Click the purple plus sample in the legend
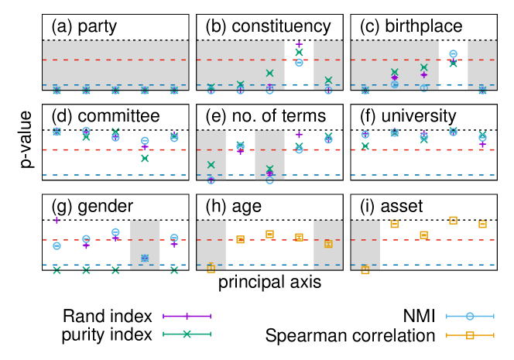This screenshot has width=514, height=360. pyautogui.click(x=187, y=316)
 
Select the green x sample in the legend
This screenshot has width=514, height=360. pyautogui.click(x=187, y=334)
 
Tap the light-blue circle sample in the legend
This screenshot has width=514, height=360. pyautogui.click(x=470, y=316)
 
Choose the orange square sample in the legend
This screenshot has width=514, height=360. pyautogui.click(x=470, y=335)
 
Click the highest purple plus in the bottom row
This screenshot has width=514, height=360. pyautogui.click(x=57, y=221)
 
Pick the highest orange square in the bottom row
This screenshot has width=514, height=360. pyautogui.click(x=453, y=220)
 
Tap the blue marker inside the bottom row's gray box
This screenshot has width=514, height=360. pyautogui.click(x=145, y=258)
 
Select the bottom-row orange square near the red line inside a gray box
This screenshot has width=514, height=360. pyautogui.click(x=328, y=244)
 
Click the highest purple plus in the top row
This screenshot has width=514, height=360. pyautogui.click(x=299, y=45)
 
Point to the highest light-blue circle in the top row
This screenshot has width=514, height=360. pyautogui.click(x=453, y=54)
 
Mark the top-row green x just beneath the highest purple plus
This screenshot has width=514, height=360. pyautogui.click(x=299, y=53)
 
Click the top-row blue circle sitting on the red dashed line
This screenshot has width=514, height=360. pyautogui.click(x=299, y=62)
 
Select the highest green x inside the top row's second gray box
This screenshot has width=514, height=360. pyautogui.click(x=269, y=74)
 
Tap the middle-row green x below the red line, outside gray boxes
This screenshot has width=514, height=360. pyautogui.click(x=145, y=158)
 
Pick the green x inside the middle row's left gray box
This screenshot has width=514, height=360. pyautogui.click(x=211, y=165)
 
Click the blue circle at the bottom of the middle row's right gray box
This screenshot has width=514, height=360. pyautogui.click(x=269, y=180)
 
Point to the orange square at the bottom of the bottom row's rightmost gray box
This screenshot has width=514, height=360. pyautogui.click(x=365, y=270)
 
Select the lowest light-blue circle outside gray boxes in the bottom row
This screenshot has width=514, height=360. pyautogui.click(x=57, y=246)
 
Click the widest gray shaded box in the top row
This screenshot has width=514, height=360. pyautogui.click(x=115, y=65)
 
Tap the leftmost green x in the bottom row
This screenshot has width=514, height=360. pyautogui.click(x=57, y=270)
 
